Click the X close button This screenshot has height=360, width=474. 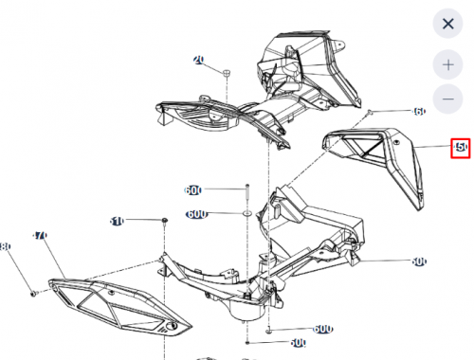pyautogui.click(x=447, y=23)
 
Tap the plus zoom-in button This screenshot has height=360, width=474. pyautogui.click(x=447, y=64)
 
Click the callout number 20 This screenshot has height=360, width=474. pyautogui.click(x=199, y=60)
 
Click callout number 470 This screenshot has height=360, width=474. pyautogui.click(x=40, y=234)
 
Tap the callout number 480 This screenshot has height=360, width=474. pyautogui.click(x=5, y=247)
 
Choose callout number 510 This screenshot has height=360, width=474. pyautogui.click(x=117, y=221)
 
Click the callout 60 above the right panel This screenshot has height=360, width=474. pyautogui.click(x=419, y=112)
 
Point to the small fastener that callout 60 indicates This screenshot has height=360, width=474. pyautogui.click(x=370, y=111)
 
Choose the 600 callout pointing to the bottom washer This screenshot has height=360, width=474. pyautogui.click(x=322, y=328)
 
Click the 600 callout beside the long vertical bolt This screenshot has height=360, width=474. pyautogui.click(x=193, y=190)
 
